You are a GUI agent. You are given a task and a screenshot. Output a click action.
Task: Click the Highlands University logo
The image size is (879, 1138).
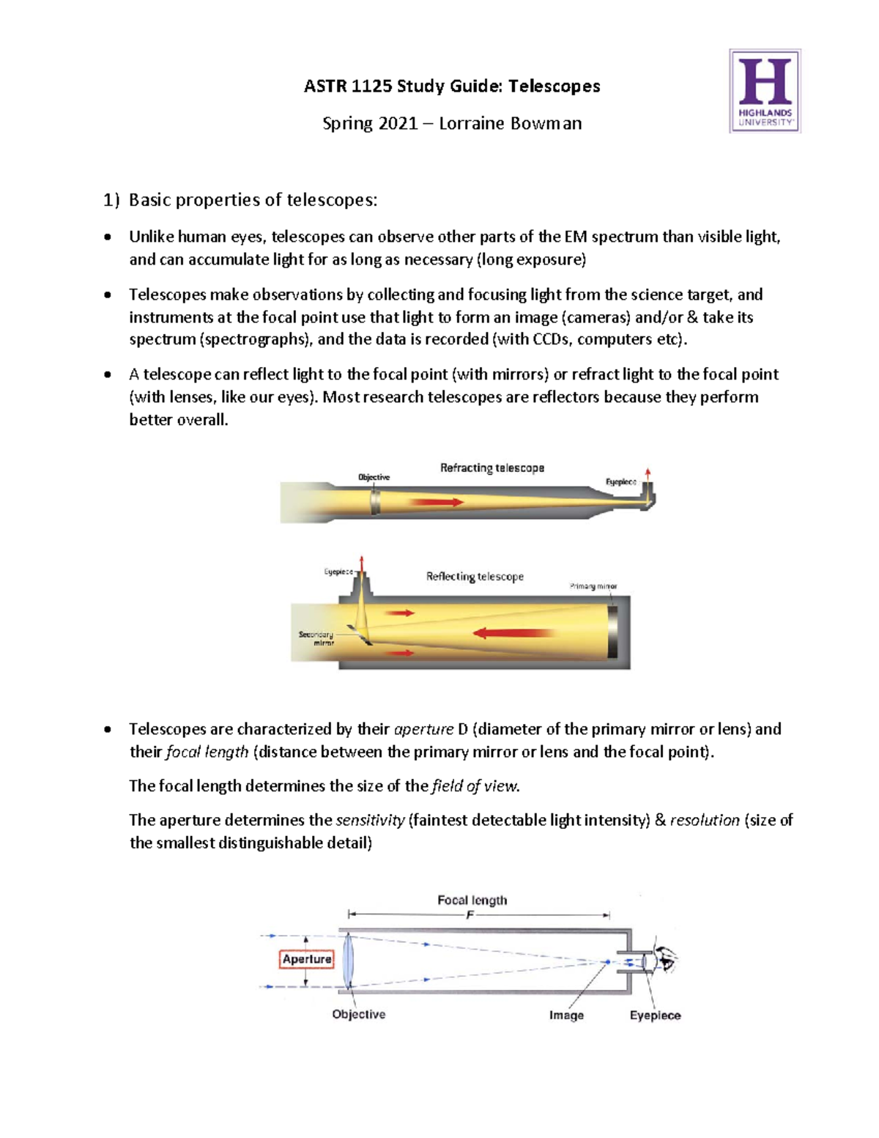(765, 91)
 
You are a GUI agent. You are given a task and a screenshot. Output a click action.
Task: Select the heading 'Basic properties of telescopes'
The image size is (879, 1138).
(253, 200)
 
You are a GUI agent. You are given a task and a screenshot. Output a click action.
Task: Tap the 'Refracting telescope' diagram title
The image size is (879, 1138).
(492, 468)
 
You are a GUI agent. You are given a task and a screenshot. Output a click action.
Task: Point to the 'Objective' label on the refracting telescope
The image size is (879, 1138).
(374, 477)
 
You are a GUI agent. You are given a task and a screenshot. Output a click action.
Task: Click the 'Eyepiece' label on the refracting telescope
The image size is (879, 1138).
(620, 481)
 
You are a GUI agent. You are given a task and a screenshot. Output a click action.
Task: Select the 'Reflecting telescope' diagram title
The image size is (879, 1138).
(475, 577)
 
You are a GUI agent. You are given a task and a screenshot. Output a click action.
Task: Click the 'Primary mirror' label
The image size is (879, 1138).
(593, 586)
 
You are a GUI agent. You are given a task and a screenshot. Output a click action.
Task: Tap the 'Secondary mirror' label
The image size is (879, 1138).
(316, 638)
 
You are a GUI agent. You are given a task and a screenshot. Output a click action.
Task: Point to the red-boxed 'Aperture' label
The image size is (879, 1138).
(307, 959)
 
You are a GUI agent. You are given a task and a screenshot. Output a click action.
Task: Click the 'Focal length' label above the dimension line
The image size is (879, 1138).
(472, 900)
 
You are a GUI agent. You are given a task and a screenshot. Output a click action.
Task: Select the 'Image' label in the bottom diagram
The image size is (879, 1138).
(566, 1015)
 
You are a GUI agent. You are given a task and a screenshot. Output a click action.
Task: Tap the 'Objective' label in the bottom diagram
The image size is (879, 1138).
(358, 1014)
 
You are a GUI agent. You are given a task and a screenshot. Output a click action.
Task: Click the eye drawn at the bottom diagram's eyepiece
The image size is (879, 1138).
(667, 958)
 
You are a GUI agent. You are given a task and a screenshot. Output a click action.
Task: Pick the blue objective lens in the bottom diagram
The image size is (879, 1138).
(348, 961)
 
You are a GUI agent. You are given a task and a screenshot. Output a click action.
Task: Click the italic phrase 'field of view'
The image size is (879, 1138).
(474, 786)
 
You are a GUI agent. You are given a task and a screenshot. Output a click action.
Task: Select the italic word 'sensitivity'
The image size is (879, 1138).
(370, 820)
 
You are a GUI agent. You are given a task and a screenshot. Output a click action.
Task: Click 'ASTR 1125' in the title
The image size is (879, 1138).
(348, 86)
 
